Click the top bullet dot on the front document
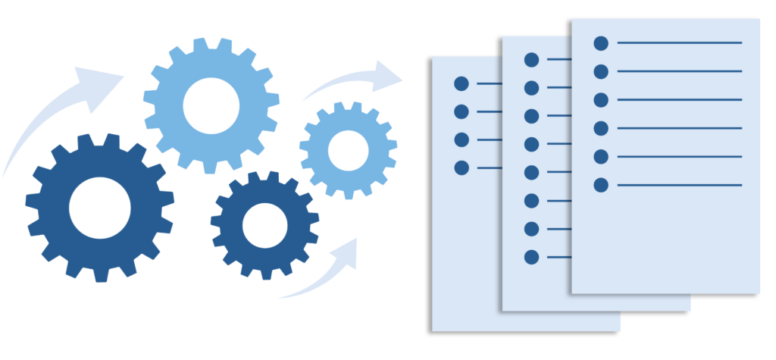tap(601, 42)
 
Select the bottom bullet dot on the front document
tap(601, 184)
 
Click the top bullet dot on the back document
tap(461, 83)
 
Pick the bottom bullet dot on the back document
tap(461, 167)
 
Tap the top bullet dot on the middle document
tap(531, 58)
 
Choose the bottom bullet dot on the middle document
tap(531, 257)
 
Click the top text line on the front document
tap(679, 42)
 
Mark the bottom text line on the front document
tap(679, 184)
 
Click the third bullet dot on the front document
tap(601, 99)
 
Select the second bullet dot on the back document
tap(461, 111)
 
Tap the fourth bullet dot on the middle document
tap(531, 144)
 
